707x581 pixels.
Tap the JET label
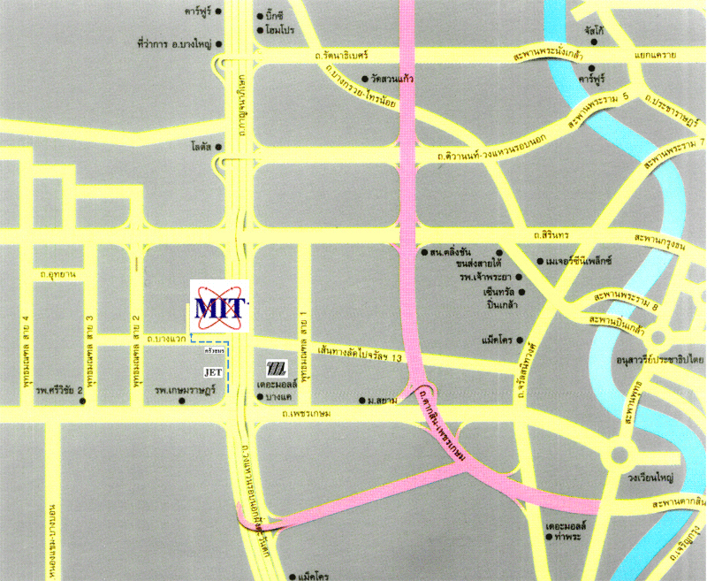point(213,372)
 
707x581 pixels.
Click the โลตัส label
point(200,146)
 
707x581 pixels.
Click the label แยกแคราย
point(655,56)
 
